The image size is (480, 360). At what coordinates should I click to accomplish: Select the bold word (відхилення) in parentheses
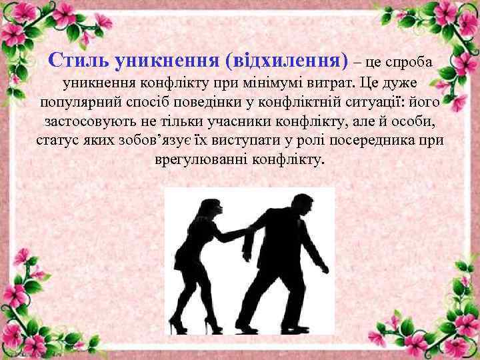(287, 62)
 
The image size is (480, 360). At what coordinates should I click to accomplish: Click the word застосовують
(90, 123)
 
